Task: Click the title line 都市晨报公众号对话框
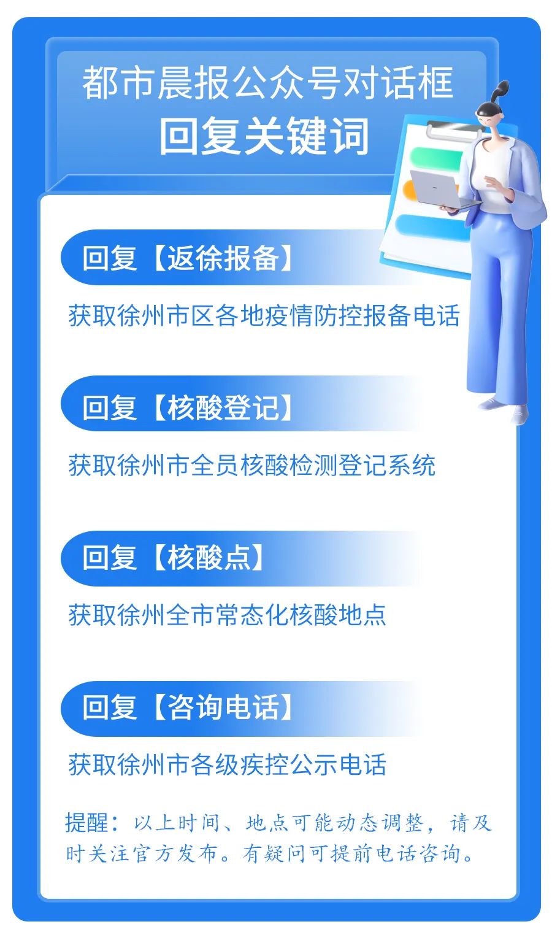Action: coord(267,83)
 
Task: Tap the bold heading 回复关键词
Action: coord(265,136)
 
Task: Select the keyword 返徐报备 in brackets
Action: coord(223,258)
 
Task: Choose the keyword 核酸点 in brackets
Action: coord(209,558)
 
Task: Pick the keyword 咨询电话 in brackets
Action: coord(223,707)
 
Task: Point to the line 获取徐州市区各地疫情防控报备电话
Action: coord(264,316)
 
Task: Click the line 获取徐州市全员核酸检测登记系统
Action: coord(251,466)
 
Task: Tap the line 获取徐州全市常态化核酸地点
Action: coord(227,615)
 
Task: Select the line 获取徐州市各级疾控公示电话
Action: coord(227,765)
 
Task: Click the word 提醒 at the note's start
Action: coord(86,823)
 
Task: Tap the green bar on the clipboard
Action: coord(435,158)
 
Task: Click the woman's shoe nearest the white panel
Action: coord(489,404)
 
